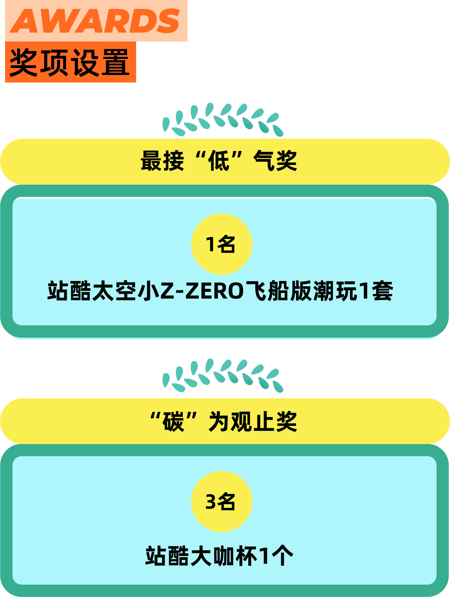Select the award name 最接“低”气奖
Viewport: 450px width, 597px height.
click(219, 161)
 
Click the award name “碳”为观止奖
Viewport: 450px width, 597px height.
click(224, 422)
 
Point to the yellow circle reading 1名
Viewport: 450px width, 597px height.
click(221, 244)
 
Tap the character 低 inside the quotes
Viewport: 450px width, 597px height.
click(219, 161)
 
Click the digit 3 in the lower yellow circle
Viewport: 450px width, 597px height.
click(211, 501)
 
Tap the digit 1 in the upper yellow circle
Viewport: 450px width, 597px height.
click(210, 244)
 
